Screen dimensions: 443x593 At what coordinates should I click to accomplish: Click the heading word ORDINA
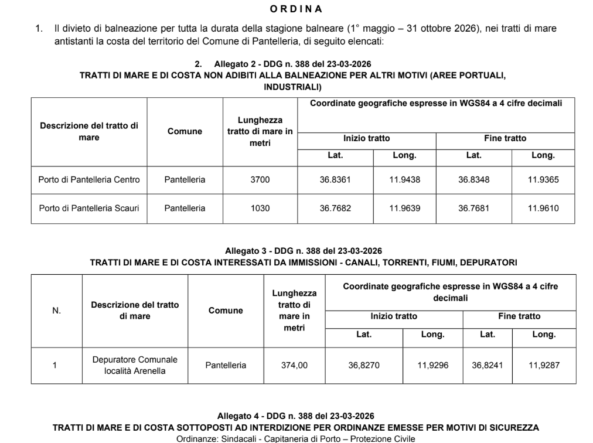coord(296,9)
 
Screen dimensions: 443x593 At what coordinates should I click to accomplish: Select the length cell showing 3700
coord(260,180)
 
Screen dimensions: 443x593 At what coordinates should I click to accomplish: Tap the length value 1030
coord(260,208)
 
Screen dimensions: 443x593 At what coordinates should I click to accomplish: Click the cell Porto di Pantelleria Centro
coord(89,180)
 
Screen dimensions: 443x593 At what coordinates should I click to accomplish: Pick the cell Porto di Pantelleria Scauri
coord(89,208)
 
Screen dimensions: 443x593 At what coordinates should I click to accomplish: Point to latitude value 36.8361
coord(335,180)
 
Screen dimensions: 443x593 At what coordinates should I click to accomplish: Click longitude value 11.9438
coord(404,180)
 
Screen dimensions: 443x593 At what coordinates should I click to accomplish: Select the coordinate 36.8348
coord(473,180)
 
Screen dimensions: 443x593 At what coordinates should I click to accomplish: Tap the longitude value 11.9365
coord(543,180)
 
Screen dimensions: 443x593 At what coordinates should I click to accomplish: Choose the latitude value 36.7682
coord(335,208)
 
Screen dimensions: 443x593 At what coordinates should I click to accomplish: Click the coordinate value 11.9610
coord(543,208)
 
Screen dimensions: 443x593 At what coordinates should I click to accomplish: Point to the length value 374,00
coord(294,365)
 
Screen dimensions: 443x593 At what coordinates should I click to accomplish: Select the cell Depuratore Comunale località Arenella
coord(135,365)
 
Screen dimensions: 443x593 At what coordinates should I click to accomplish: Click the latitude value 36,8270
coord(364,365)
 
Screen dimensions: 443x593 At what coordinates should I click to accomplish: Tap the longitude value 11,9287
coord(544,365)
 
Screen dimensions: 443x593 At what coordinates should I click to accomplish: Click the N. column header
coord(57,311)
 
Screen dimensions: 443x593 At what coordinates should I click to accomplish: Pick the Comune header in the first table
coord(185,132)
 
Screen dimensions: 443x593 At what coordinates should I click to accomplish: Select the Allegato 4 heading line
coord(296,416)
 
